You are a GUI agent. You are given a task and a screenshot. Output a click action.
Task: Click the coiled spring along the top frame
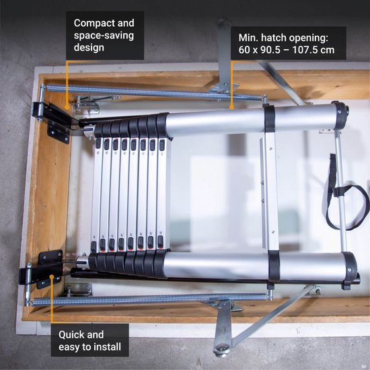coord(135,93)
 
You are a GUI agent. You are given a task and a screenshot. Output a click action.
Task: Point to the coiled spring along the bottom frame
coord(148,298)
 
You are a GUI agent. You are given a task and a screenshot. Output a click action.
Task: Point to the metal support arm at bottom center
coord(222,330)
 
